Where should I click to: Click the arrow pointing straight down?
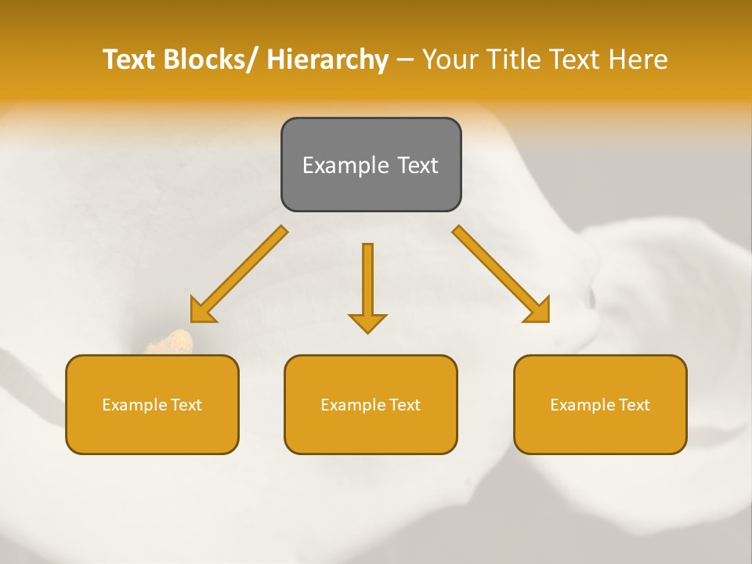click(367, 286)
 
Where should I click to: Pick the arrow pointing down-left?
click(239, 274)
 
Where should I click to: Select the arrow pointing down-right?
click(501, 274)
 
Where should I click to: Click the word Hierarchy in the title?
click(327, 60)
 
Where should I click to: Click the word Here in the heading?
click(638, 60)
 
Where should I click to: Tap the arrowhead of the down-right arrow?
click(539, 310)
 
